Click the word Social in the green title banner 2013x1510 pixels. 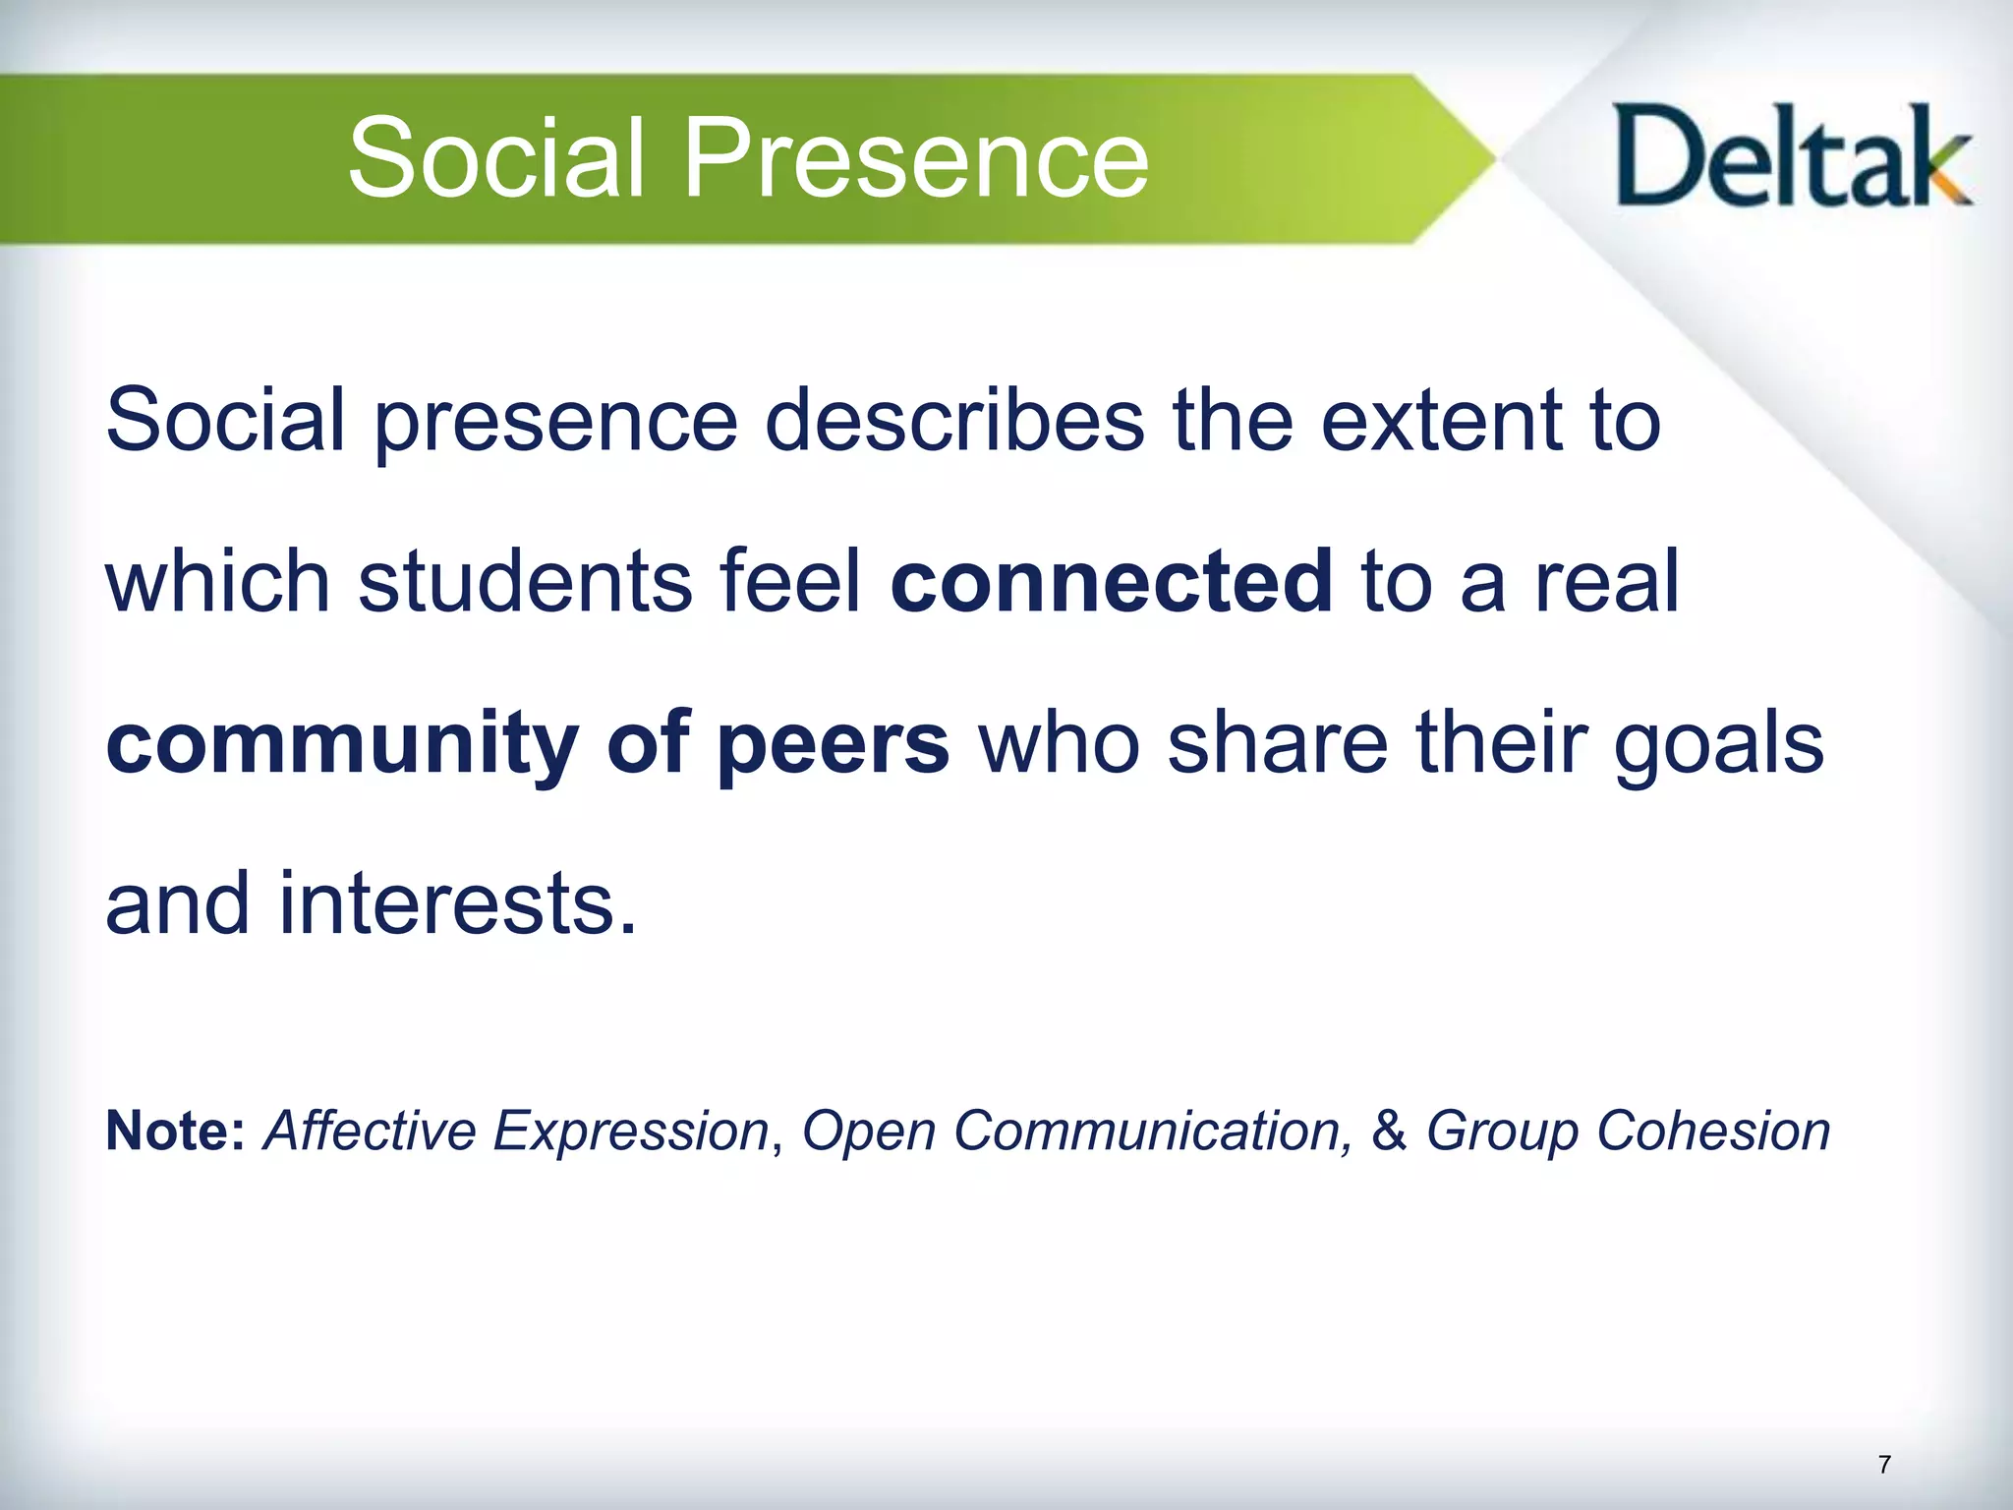(x=496, y=157)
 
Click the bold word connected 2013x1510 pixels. (x=1111, y=581)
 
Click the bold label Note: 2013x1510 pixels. (x=175, y=1131)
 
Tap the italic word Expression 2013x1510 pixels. (x=630, y=1132)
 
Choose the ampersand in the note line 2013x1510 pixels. (x=1389, y=1131)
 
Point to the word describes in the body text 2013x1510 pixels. (x=954, y=421)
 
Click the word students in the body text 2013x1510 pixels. (x=525, y=581)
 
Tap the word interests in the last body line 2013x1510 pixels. (x=458, y=902)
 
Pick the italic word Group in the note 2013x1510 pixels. (x=1501, y=1132)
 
